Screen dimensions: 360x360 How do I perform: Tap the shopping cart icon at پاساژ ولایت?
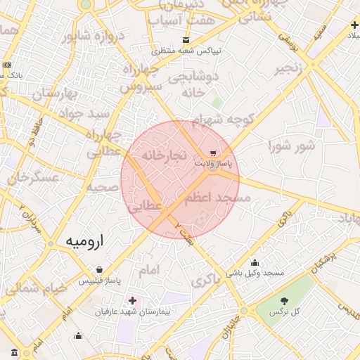(x=213, y=153)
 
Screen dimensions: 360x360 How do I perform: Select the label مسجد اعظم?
(x=218, y=199)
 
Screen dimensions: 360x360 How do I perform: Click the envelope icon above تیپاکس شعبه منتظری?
(x=186, y=40)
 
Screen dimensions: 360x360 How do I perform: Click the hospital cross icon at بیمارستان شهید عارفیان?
(x=132, y=300)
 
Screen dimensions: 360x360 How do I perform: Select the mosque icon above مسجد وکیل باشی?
(x=255, y=262)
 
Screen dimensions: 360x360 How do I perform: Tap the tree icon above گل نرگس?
(x=284, y=301)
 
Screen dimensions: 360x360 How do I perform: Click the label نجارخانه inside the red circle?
(x=162, y=153)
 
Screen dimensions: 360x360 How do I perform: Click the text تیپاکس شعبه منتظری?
(x=188, y=51)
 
